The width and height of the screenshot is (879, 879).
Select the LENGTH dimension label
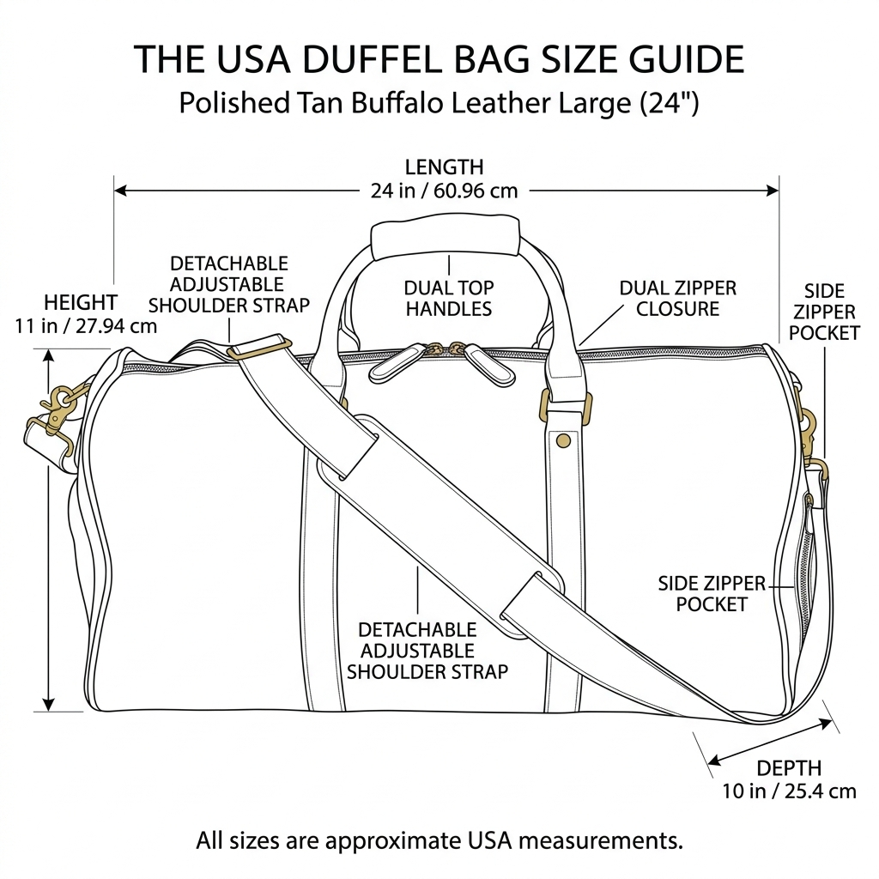[444, 167]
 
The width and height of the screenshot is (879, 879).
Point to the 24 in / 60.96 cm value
[444, 190]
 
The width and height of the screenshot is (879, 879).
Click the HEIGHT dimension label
[80, 302]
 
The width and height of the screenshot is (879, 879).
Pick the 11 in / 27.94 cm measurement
[86, 325]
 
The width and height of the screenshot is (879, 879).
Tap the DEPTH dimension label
[789, 768]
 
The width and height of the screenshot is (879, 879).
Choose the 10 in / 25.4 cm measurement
[789, 791]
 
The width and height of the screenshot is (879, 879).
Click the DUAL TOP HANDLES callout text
[449, 298]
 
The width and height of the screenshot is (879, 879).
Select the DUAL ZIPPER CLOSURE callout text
[677, 298]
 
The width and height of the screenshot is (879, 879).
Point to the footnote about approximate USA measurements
[439, 840]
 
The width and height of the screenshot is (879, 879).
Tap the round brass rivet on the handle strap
[564, 440]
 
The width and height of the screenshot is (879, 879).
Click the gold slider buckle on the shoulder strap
[259, 348]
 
